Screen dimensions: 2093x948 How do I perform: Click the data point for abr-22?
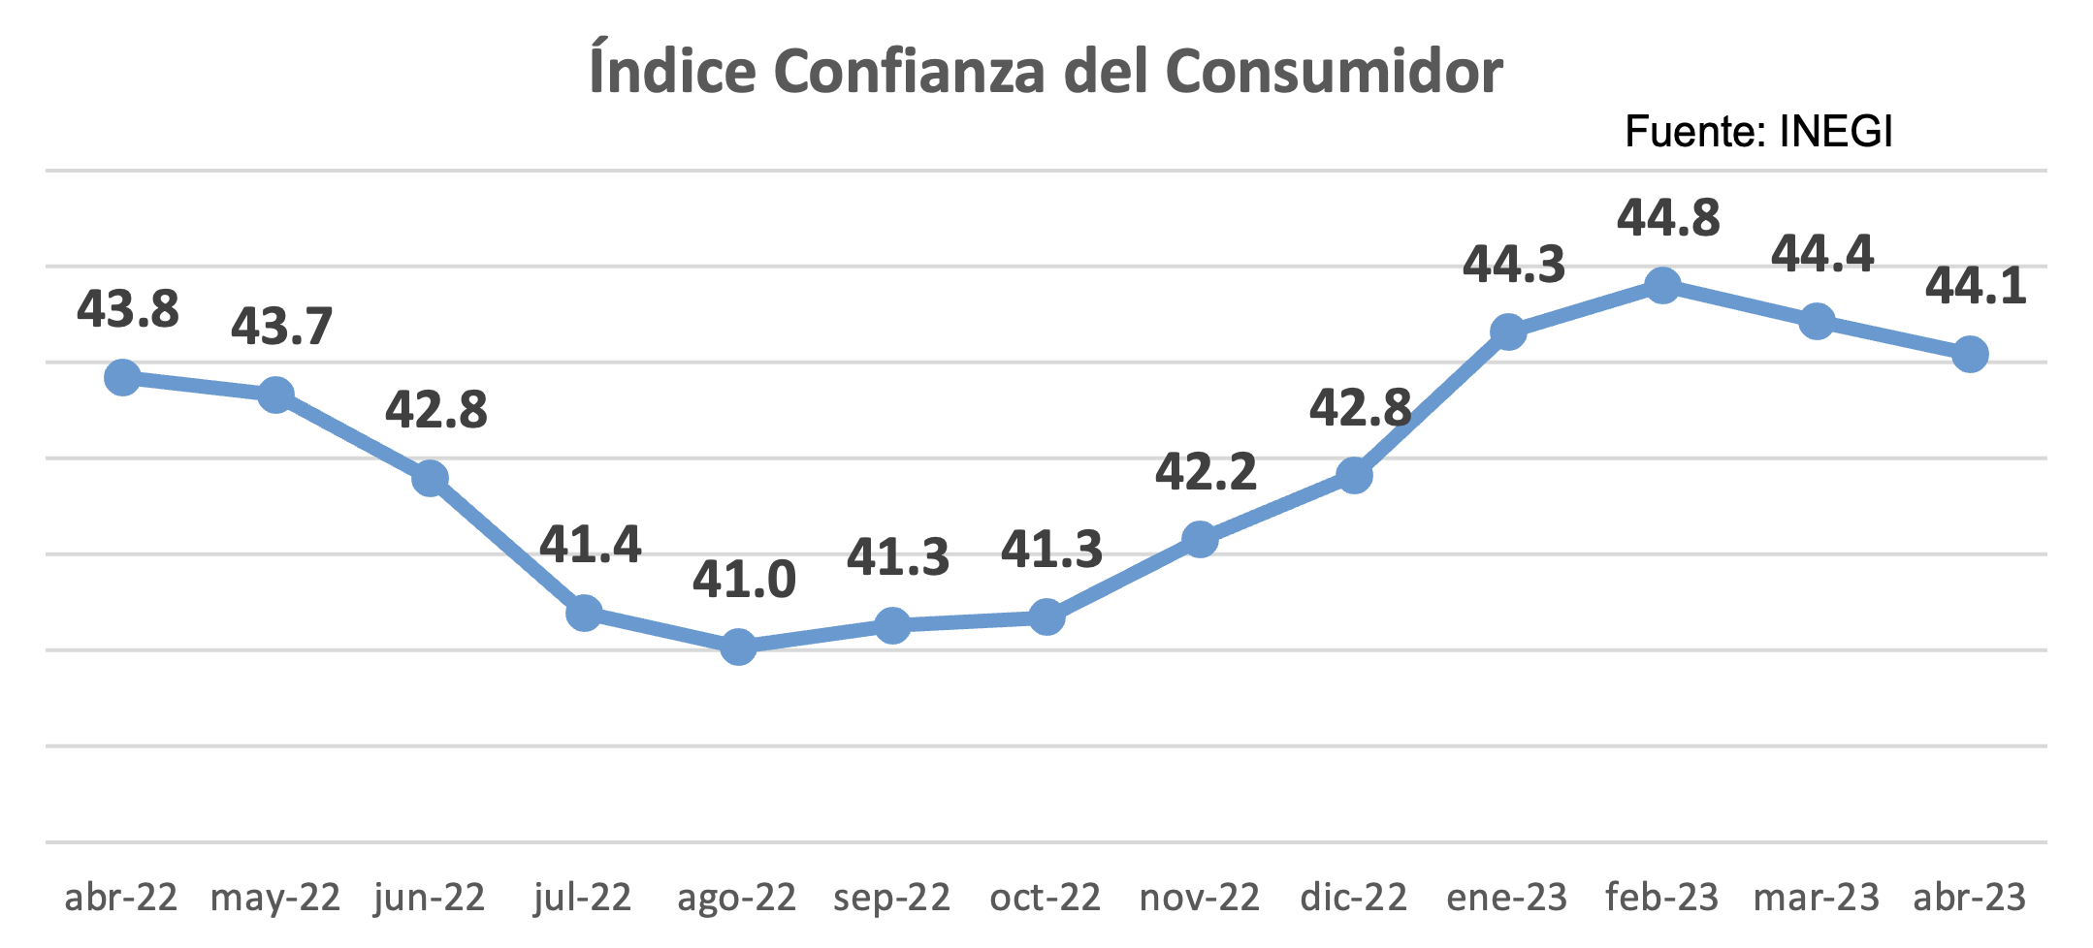[x=122, y=377]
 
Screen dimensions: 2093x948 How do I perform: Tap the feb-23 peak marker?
[x=1662, y=286]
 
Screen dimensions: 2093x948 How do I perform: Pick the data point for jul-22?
[x=584, y=612]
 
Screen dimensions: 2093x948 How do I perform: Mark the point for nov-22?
[x=1201, y=539]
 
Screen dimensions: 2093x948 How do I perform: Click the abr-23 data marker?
[x=1970, y=354]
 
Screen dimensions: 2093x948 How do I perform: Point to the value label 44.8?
[x=1668, y=218]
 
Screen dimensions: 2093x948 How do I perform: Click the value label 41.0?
[x=744, y=580]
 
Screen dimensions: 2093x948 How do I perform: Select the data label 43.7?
[x=281, y=327]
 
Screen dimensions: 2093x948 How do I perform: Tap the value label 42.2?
[x=1206, y=471]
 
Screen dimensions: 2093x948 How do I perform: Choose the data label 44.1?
[x=1976, y=286]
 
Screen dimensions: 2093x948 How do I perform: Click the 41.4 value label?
[x=590, y=544]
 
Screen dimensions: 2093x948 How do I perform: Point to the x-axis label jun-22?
[x=430, y=899]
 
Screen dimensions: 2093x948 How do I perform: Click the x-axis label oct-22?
[x=1046, y=898]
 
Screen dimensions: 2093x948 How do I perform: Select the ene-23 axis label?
[x=1507, y=898]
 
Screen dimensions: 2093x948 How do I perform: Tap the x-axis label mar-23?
[x=1817, y=898]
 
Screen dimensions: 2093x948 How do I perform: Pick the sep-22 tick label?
[x=892, y=899]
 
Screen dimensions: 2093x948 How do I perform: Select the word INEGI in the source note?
[x=1836, y=132]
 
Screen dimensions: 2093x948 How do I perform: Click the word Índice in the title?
[x=672, y=68]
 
